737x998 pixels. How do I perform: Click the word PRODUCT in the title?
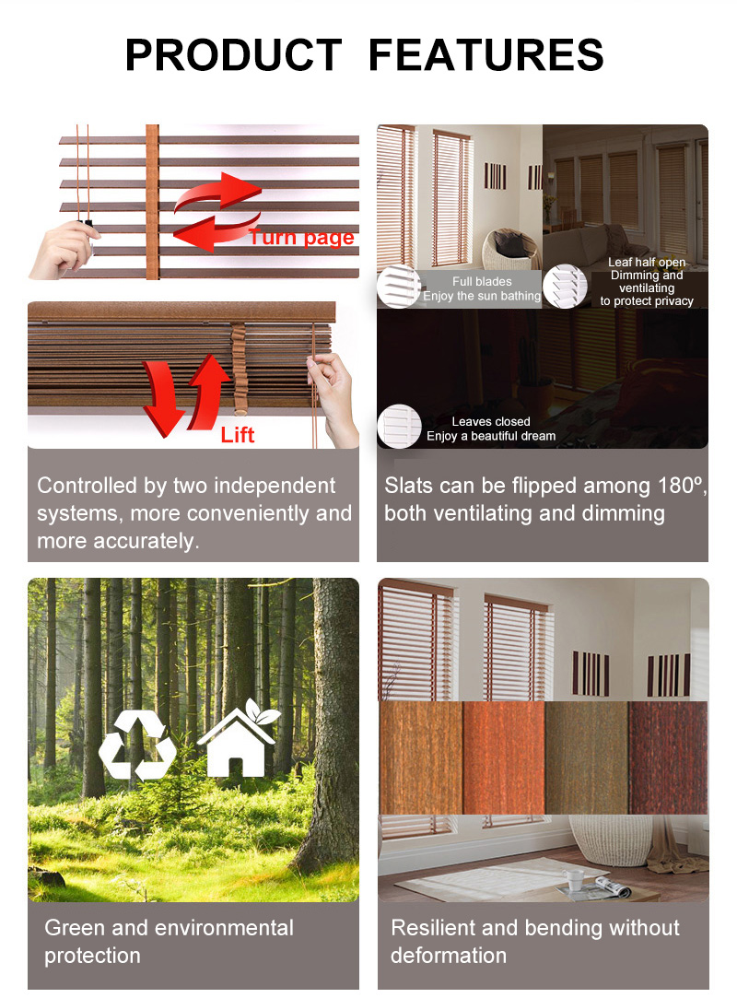coord(234,54)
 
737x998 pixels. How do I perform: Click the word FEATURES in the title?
coord(485,54)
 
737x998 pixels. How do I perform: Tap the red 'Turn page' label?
coord(301,237)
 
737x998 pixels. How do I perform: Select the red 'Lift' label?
coord(238,435)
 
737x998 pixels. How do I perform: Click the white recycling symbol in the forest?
coord(137,746)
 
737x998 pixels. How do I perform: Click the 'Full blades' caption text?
coord(482,281)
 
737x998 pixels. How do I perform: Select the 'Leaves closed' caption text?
coord(491,421)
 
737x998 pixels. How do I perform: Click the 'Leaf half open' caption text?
coord(646,263)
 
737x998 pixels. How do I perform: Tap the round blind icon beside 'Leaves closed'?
coord(399,426)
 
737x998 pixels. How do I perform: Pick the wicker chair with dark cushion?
coord(510,249)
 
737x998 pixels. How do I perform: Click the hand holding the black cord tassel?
coord(64,248)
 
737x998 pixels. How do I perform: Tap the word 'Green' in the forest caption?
coord(76,928)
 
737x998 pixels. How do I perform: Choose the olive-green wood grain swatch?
coord(586,757)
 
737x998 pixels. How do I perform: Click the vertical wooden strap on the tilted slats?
coord(152,202)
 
